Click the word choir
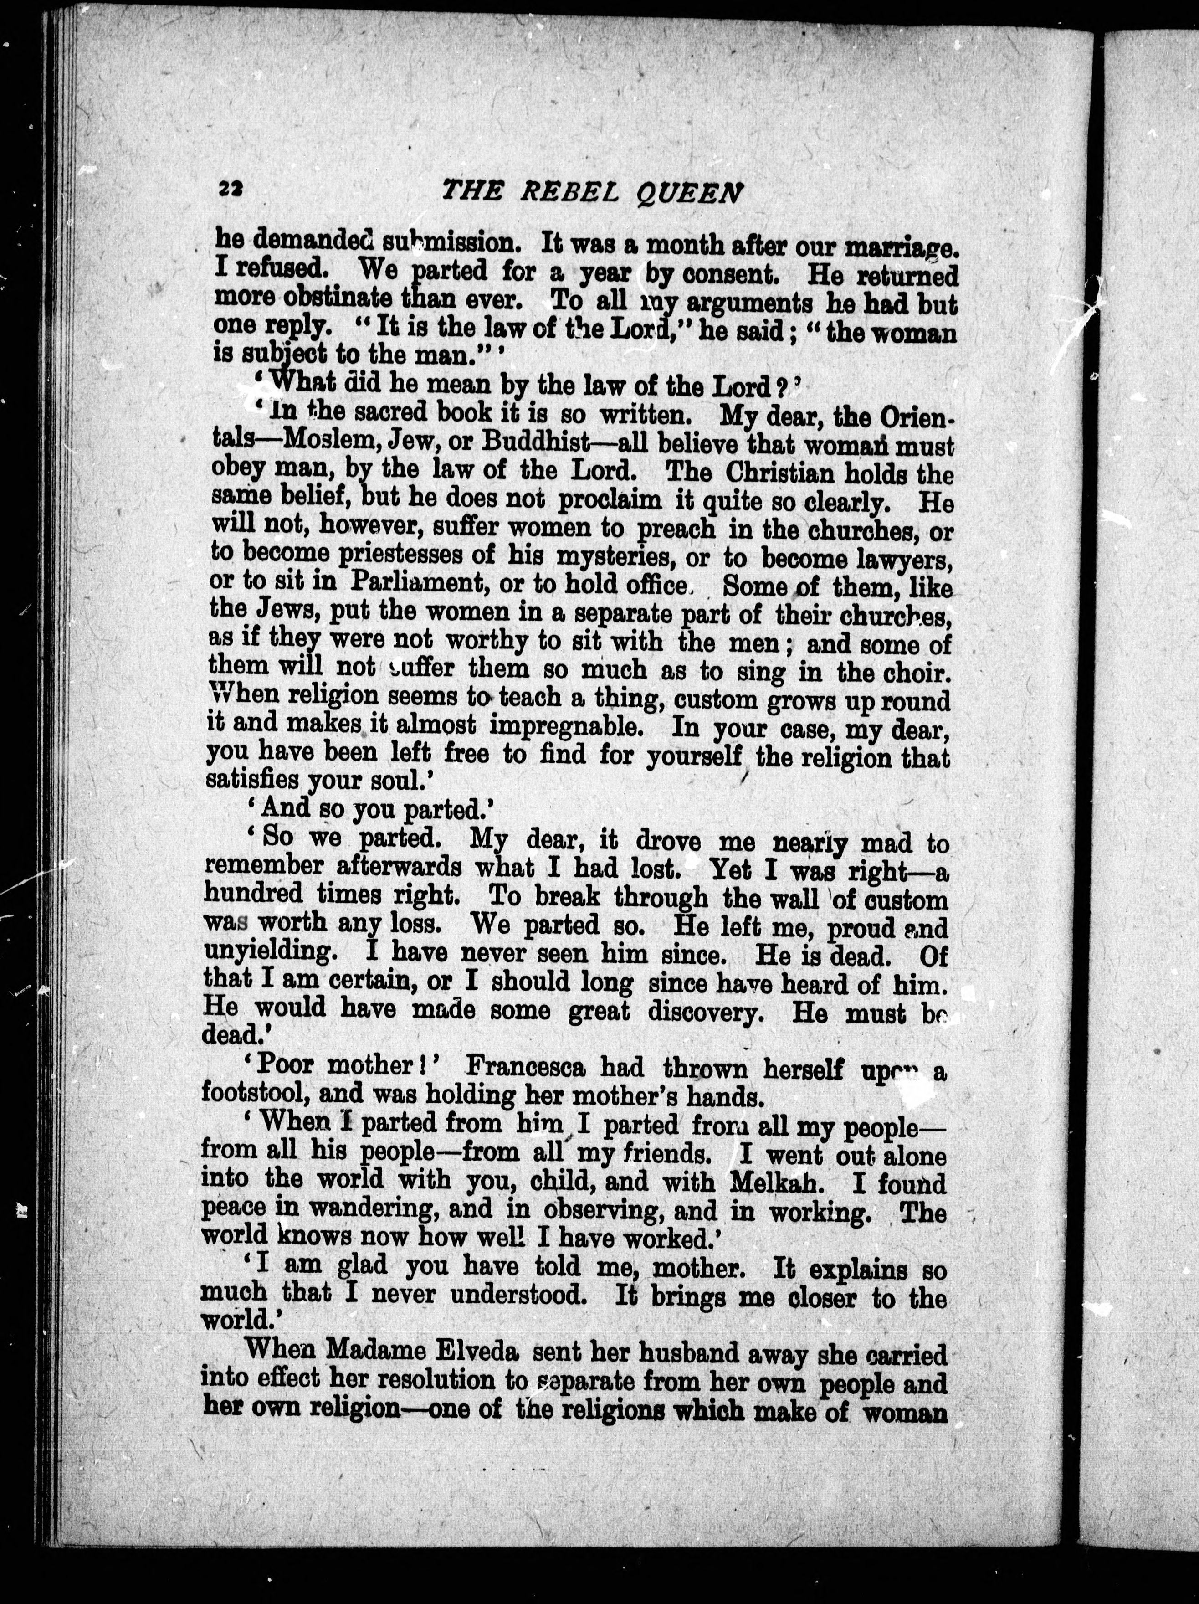tap(914, 672)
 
